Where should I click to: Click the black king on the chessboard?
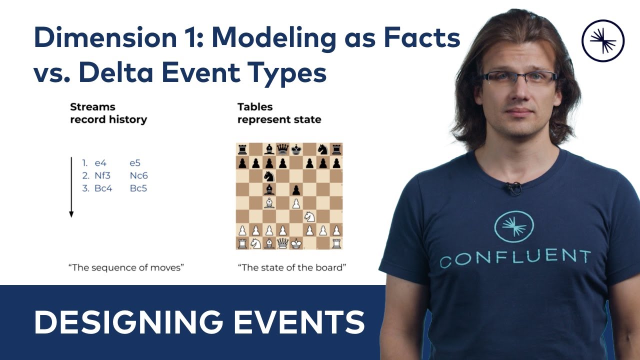296,149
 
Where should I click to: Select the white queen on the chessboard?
283,243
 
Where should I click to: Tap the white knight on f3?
310,216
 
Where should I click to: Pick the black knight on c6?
269,176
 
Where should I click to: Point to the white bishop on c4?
269,203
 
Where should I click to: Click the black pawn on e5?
296,189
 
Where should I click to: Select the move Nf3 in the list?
103,175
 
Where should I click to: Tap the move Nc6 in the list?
138,175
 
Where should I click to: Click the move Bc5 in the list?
138,188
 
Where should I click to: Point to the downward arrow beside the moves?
71,187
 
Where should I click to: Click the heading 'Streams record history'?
108,113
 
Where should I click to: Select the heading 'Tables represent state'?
279,113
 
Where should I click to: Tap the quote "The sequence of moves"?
126,267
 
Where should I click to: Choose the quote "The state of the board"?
292,267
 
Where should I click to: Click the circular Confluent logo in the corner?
603,40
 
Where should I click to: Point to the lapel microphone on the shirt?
513,188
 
